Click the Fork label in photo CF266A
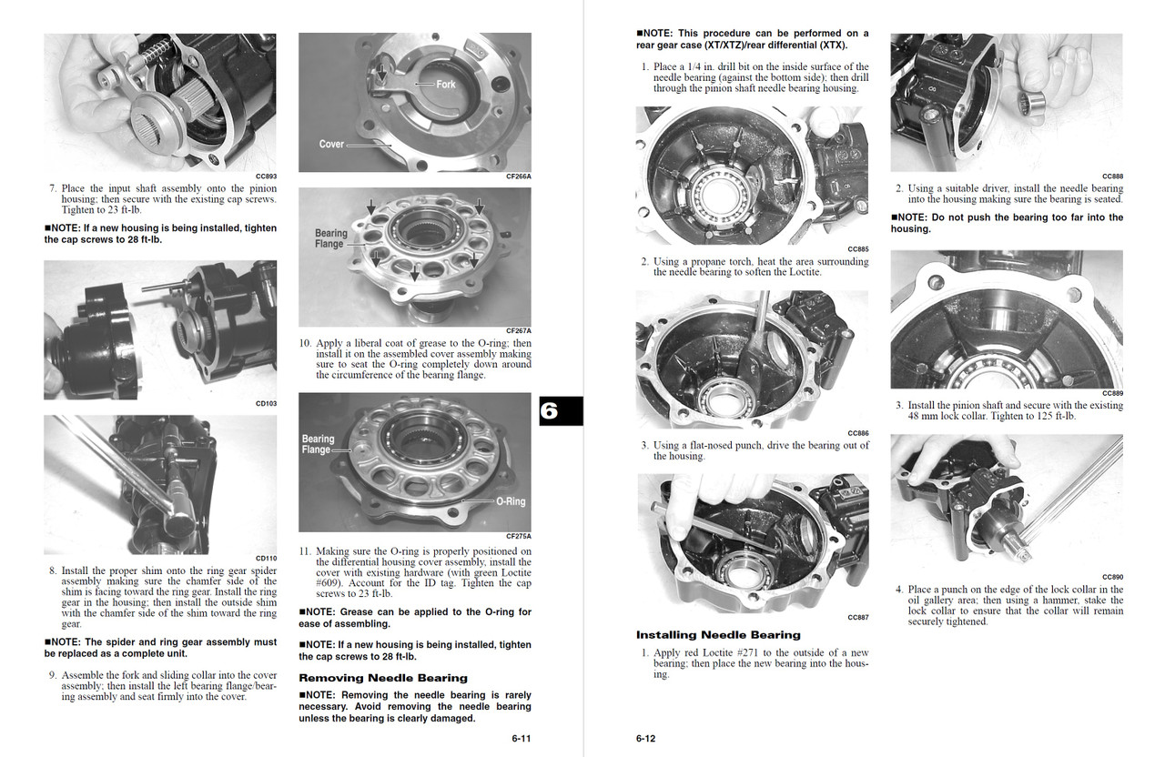(x=446, y=84)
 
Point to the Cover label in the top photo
(x=331, y=144)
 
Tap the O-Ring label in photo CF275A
(x=510, y=501)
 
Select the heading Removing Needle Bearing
(x=383, y=678)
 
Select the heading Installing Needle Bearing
(x=718, y=635)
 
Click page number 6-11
(x=521, y=739)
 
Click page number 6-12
(x=645, y=739)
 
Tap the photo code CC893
(x=266, y=177)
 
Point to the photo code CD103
(x=266, y=403)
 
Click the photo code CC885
(x=857, y=248)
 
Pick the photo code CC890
(x=1112, y=577)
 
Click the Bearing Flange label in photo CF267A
(x=331, y=238)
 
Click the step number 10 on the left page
(x=306, y=344)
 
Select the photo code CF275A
(x=519, y=537)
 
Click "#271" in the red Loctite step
(x=755, y=653)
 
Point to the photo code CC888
(x=1112, y=177)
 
